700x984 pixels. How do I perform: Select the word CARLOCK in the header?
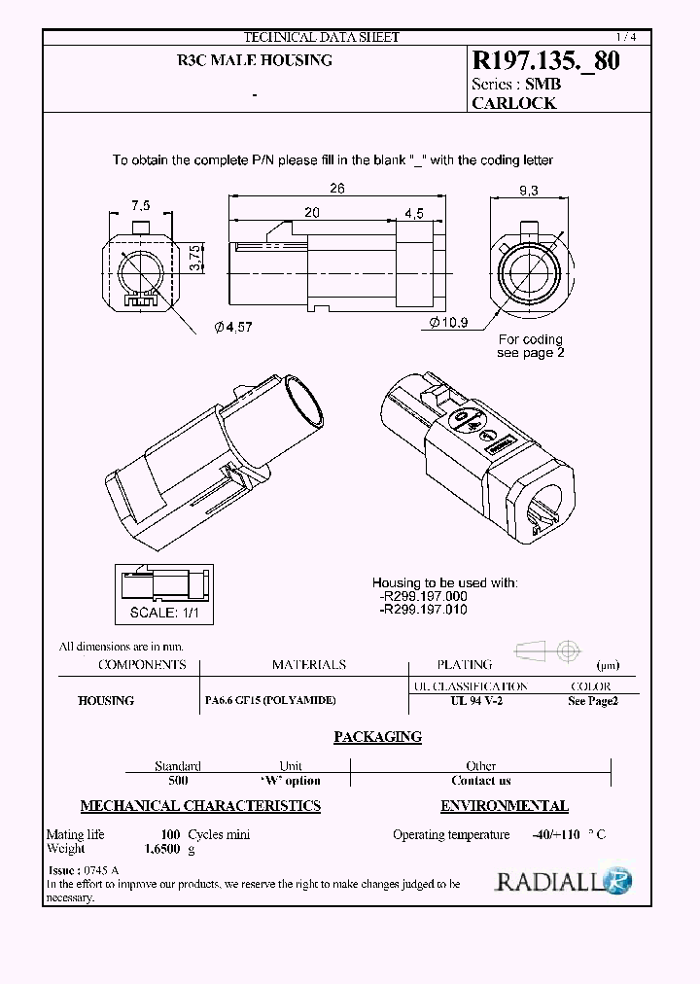point(513,103)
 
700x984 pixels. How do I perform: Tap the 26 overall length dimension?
point(336,190)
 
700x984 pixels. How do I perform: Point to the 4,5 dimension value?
point(412,214)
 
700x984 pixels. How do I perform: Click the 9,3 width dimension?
point(528,192)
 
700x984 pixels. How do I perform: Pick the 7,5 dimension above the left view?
point(141,205)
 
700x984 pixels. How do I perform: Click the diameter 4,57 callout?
point(232,328)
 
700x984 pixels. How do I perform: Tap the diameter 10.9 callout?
point(448,322)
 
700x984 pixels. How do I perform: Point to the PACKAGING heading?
point(377,737)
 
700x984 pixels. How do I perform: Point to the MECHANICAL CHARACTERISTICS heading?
point(200,806)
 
